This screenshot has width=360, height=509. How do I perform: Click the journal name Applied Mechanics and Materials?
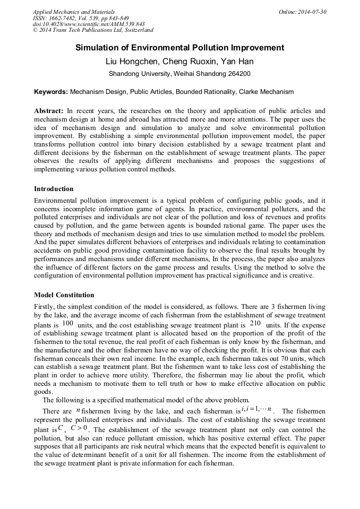(74, 12)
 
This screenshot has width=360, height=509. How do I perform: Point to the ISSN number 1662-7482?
(67, 18)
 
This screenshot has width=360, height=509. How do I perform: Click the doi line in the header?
(89, 24)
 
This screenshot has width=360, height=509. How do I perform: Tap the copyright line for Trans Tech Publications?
(93, 31)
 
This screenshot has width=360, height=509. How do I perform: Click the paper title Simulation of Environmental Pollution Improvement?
(179, 48)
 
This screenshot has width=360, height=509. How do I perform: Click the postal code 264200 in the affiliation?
(238, 74)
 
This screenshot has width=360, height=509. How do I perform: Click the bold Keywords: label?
(51, 92)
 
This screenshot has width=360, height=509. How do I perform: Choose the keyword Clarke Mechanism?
(266, 92)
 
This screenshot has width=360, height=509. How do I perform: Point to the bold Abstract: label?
(49, 111)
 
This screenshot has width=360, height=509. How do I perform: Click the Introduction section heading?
(54, 189)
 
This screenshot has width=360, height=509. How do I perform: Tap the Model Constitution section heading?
(64, 295)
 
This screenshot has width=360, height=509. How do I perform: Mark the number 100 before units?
(68, 323)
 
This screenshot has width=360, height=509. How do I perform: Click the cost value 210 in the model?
(255, 323)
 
